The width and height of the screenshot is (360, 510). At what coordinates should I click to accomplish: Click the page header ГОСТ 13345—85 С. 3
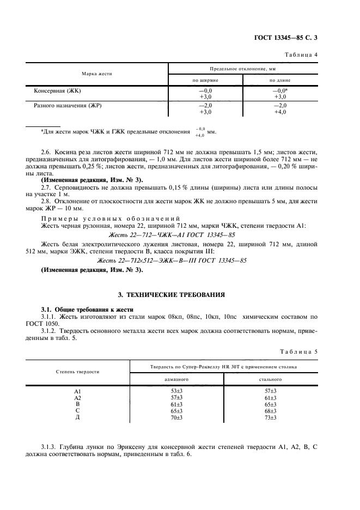(x=290, y=38)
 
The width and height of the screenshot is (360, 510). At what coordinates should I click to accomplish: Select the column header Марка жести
(x=96, y=74)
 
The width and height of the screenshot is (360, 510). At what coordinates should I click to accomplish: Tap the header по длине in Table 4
(x=280, y=80)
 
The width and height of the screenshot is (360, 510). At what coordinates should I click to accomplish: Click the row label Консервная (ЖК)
(x=58, y=90)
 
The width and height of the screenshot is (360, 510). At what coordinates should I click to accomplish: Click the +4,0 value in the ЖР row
(x=280, y=112)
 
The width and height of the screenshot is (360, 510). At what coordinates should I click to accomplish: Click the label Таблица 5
(x=302, y=351)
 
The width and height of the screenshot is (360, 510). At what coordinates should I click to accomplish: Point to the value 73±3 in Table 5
(x=270, y=417)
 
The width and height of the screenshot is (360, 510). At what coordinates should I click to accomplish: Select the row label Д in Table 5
(x=77, y=417)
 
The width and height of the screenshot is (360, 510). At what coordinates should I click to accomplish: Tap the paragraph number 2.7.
(x=47, y=187)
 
